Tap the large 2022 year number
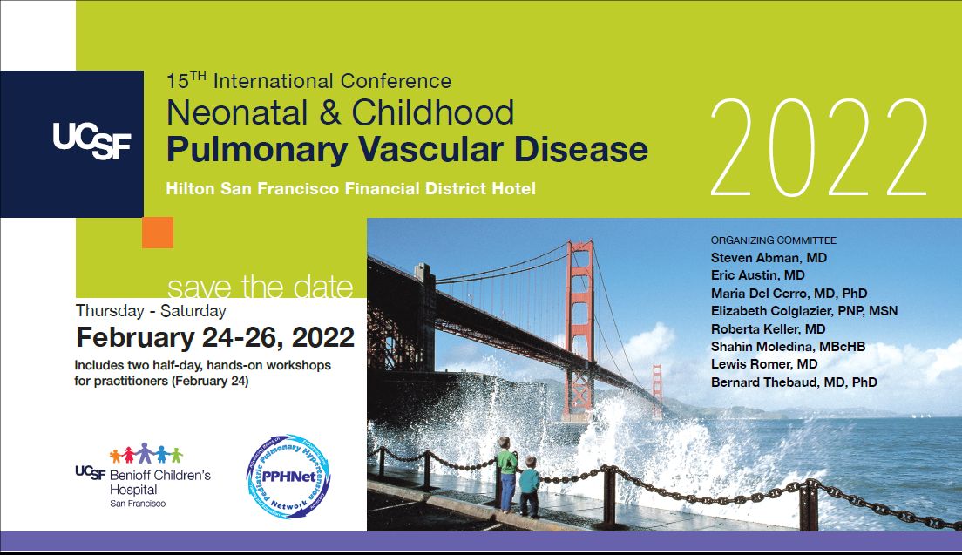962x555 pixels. (x=818, y=148)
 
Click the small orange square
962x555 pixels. (x=158, y=233)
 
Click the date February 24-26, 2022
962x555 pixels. (x=215, y=337)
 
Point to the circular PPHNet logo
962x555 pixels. (x=288, y=477)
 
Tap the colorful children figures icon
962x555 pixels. (x=146, y=454)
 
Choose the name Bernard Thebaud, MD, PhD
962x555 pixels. (x=793, y=382)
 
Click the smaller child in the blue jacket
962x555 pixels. (x=529, y=491)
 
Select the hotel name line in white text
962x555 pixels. (x=351, y=188)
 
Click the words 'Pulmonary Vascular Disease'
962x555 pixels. (x=407, y=149)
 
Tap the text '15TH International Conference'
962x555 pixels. (x=308, y=82)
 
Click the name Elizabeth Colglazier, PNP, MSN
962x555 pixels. (x=803, y=311)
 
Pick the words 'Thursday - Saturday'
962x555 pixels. (x=151, y=311)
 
